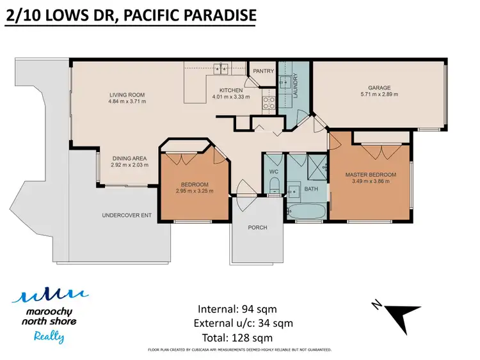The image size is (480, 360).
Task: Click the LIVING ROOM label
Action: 127,95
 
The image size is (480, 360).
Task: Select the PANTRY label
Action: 264,71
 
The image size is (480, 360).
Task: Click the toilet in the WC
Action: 273,185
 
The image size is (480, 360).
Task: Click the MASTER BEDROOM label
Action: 371,175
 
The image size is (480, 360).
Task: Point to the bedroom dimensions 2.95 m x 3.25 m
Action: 194,190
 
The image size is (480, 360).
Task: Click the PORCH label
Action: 257,227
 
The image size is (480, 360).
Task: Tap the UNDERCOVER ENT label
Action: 127,215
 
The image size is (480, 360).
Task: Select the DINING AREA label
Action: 130,159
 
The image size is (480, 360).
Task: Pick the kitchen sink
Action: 221,67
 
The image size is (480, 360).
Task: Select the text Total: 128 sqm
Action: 236,338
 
